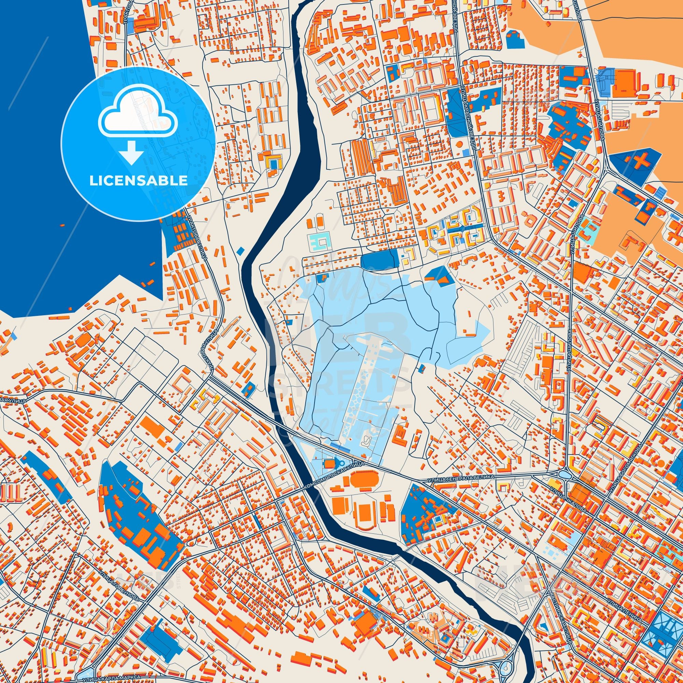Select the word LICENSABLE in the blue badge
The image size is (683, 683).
click(x=138, y=181)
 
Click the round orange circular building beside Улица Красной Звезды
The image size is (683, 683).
click(x=459, y=144)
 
